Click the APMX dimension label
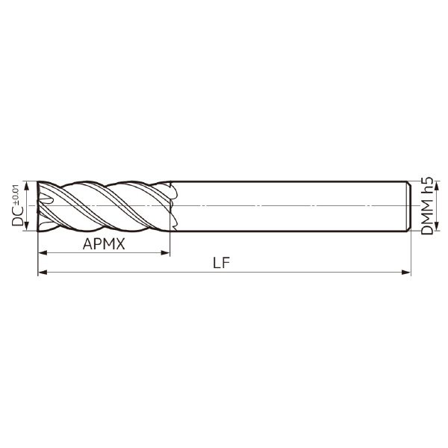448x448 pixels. (x=104, y=244)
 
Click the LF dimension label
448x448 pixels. (x=221, y=263)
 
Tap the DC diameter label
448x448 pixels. (x=17, y=216)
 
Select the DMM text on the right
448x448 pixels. (x=427, y=217)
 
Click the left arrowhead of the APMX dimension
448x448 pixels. (x=43, y=252)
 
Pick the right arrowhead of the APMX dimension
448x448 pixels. (x=166, y=252)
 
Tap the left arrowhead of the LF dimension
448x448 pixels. (x=43, y=272)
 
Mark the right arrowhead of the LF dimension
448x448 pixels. (x=406, y=272)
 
